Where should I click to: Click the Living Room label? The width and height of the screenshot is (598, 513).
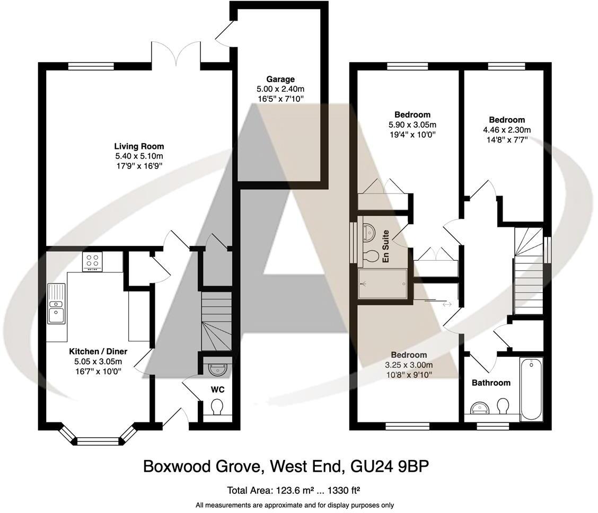click(x=139, y=146)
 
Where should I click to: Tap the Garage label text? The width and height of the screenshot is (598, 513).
click(x=280, y=79)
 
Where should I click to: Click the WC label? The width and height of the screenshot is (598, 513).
click(x=218, y=390)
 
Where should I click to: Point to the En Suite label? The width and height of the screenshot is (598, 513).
click(x=386, y=246)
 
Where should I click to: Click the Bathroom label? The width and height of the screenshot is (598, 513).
click(x=491, y=383)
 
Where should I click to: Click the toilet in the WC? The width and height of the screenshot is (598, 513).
click(x=217, y=408)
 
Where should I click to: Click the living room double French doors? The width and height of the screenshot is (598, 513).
click(x=176, y=54)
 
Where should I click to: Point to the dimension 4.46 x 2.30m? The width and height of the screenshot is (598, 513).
click(x=507, y=130)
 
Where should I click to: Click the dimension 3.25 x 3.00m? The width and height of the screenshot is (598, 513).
click(x=409, y=365)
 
